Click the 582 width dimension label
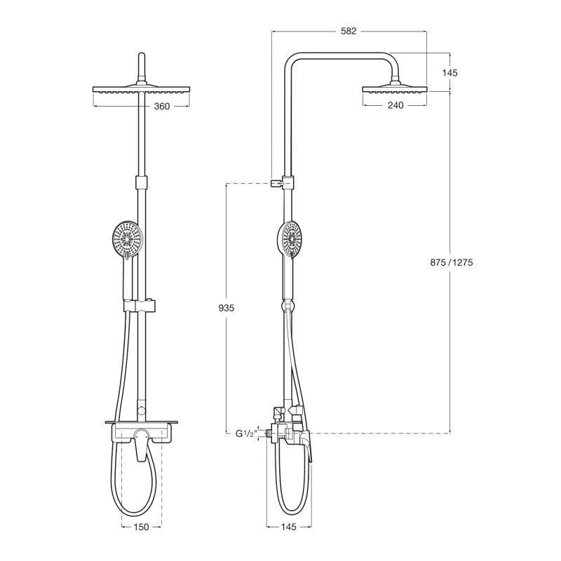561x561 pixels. point(349,31)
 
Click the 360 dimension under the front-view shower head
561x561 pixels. point(162,107)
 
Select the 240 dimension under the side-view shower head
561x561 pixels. point(396,105)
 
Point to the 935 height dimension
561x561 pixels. point(226,308)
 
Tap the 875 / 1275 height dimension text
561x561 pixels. point(451,262)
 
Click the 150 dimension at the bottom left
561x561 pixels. point(141,527)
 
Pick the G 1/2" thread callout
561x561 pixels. point(247,434)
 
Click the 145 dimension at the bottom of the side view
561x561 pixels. point(289,527)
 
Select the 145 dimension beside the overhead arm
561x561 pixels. point(450,73)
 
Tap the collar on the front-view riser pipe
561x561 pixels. point(142,182)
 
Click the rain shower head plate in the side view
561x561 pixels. point(395,89)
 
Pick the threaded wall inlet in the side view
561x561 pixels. point(268,433)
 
